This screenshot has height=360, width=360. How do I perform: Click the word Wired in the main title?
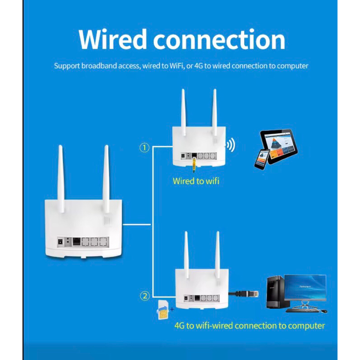pos(113,39)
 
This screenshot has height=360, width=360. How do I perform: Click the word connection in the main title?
pos(219,40)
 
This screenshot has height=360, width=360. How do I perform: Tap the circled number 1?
pos(144,148)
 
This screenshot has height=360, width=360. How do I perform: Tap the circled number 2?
pos(145,296)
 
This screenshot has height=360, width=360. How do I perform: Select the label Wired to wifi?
pos(196,181)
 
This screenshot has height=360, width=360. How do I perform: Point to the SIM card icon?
pos(162,310)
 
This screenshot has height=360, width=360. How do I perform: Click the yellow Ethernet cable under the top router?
pos(194,165)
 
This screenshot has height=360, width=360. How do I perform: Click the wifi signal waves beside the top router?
pos(230,145)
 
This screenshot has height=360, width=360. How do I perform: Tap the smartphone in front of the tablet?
pos(262,159)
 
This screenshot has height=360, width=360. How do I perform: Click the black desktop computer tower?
pos(275,292)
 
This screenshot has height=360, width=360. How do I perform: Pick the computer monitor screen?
pos(305,288)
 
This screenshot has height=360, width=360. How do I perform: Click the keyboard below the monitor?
pos(302,310)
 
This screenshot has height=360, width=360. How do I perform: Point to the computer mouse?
pos(324,311)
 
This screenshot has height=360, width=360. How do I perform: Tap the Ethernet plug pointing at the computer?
pos(252,293)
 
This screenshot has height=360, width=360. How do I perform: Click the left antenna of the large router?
pos(61,179)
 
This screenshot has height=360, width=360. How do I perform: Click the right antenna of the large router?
pos(106,179)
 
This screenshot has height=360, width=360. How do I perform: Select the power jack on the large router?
pos(61,242)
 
